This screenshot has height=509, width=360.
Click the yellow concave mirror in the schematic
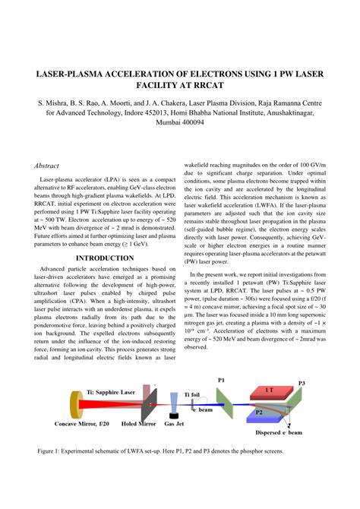(74, 403)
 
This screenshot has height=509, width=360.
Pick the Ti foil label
(192, 394)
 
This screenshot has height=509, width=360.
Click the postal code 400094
(202, 120)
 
